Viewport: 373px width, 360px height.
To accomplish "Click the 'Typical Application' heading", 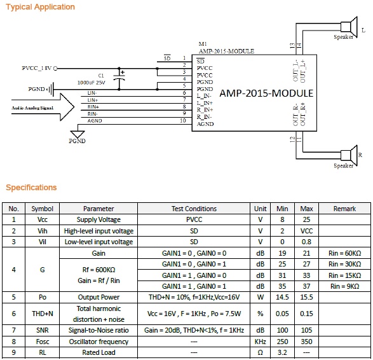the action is click(x=40, y=7).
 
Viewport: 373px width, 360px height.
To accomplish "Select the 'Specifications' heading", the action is click(x=31, y=188).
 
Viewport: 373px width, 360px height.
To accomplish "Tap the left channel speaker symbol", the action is click(x=349, y=27).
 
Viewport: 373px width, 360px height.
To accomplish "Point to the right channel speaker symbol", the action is click(x=349, y=155).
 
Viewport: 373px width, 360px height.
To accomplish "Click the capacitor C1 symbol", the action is click(x=119, y=79).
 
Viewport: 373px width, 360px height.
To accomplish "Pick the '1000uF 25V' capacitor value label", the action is click(x=91, y=83).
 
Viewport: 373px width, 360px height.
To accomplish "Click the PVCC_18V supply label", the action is click(x=37, y=68).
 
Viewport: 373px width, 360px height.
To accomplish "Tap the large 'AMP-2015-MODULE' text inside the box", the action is click(x=266, y=93).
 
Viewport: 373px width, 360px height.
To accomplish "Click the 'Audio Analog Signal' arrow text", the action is click(x=32, y=108).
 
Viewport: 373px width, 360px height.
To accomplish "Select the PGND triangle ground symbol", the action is click(x=78, y=134).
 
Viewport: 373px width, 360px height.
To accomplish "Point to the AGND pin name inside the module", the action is click(x=205, y=124).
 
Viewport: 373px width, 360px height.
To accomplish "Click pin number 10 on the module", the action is click(x=183, y=121).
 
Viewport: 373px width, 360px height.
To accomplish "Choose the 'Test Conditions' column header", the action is click(x=194, y=209).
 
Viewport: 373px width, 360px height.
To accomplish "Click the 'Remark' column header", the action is click(x=344, y=209).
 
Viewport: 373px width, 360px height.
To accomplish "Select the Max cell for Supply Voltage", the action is click(x=306, y=219).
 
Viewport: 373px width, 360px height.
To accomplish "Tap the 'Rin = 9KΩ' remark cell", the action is click(x=344, y=286).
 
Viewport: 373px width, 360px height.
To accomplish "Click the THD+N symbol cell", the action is click(x=43, y=314).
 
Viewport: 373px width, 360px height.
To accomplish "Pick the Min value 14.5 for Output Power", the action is click(x=282, y=297).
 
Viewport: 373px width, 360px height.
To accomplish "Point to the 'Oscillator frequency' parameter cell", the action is click(x=98, y=342).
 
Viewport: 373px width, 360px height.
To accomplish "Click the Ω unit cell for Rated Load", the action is click(x=261, y=352).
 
